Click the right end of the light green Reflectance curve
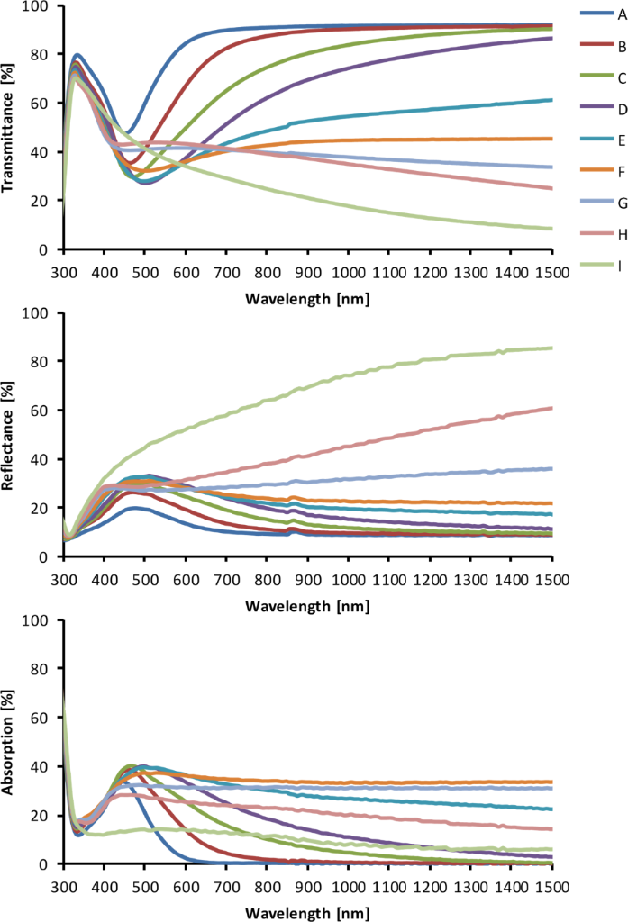coord(551,348)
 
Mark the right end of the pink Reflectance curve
coord(551,408)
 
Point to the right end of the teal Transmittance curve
coord(551,100)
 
